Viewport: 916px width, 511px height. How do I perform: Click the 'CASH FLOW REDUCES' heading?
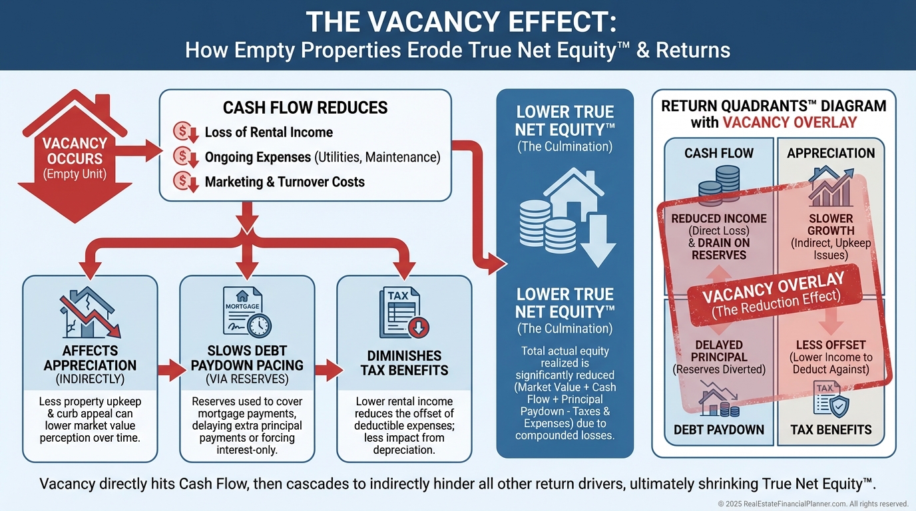pos(305,108)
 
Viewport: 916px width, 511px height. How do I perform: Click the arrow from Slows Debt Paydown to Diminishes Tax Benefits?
pos(326,371)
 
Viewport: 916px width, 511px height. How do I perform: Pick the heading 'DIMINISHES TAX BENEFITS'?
pos(404,363)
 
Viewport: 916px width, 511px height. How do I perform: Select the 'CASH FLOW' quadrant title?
pos(719,154)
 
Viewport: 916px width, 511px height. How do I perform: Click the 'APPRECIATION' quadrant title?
pos(830,154)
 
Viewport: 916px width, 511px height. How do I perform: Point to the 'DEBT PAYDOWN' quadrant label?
pos(719,430)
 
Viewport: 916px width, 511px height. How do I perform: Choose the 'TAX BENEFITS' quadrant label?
pos(830,430)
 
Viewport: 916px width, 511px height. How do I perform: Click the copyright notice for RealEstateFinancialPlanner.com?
pos(812,504)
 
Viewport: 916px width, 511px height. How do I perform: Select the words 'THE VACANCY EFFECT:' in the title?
pos(457,23)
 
